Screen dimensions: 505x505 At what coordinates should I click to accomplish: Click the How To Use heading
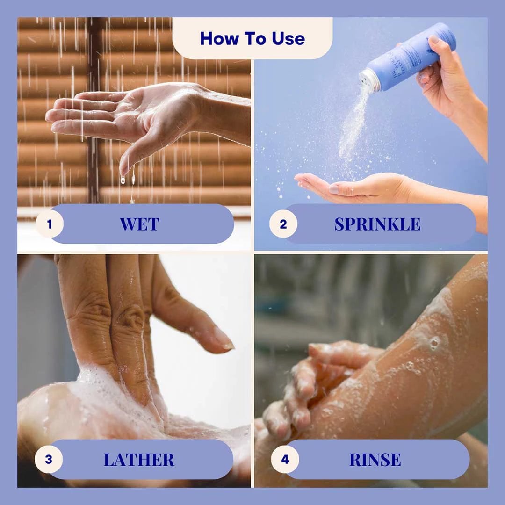click(x=252, y=38)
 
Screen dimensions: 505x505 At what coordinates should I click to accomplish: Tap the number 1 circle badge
click(x=50, y=224)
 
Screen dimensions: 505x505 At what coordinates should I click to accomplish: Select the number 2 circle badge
click(x=283, y=224)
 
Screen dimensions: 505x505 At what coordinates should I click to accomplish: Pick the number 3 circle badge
click(x=49, y=459)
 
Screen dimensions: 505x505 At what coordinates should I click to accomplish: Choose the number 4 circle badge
click(x=285, y=459)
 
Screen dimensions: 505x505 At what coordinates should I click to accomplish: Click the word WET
click(x=139, y=224)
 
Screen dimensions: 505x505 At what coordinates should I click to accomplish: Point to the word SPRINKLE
click(x=377, y=224)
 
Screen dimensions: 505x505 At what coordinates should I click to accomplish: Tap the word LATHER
click(x=139, y=460)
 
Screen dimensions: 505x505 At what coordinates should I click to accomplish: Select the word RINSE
click(x=375, y=460)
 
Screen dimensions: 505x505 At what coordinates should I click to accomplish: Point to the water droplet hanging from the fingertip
click(x=123, y=179)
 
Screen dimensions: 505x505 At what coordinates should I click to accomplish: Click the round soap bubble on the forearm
click(x=435, y=343)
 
